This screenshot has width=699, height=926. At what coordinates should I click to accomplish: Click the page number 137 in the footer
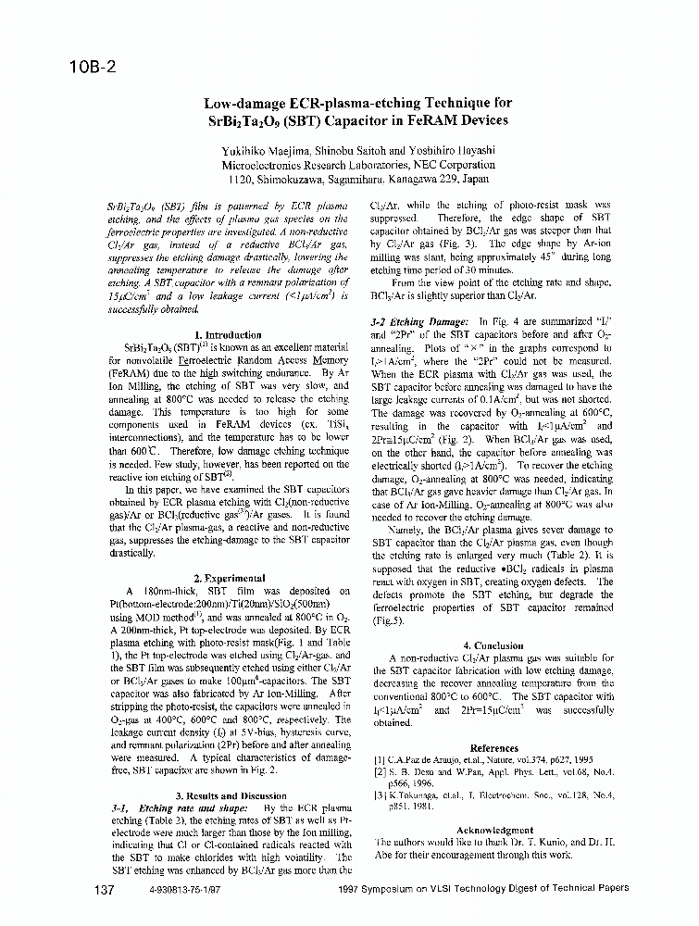(104, 889)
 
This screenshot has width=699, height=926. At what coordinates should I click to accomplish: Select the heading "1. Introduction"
(228, 334)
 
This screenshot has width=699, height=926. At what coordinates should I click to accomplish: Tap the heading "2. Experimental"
(229, 577)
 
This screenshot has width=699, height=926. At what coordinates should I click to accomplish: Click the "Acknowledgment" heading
(495, 830)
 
